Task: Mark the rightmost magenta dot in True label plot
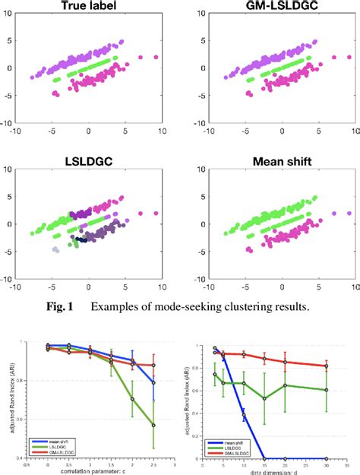[x=158, y=57]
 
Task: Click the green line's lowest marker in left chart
[x=154, y=425]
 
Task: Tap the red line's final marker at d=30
[x=327, y=366]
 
